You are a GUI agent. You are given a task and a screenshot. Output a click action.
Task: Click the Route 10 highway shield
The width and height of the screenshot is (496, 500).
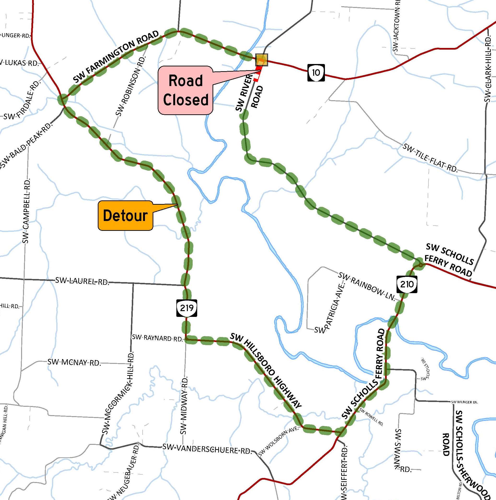(316, 73)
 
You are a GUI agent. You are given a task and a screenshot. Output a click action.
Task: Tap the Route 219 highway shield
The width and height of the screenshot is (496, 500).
(187, 308)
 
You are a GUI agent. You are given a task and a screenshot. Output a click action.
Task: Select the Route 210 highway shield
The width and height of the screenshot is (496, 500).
(407, 285)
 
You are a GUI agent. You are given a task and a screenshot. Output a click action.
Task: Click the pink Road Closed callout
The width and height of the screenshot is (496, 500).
(185, 90)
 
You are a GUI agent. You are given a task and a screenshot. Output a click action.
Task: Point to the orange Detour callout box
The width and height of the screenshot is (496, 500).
(125, 215)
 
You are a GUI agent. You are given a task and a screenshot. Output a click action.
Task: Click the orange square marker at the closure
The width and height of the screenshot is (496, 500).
(261, 60)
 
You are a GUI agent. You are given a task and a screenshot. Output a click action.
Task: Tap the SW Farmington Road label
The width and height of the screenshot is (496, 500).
(116, 57)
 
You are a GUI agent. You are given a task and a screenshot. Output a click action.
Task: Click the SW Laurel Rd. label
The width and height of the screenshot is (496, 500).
(82, 281)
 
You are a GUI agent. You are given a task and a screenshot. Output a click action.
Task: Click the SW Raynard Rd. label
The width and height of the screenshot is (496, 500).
(157, 338)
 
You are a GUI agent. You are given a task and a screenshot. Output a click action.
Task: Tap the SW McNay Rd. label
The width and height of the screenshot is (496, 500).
(74, 362)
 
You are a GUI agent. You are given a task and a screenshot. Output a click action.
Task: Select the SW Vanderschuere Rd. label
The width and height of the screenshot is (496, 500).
(207, 449)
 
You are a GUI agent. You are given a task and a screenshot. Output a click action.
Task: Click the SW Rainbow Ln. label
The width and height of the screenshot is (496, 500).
(367, 286)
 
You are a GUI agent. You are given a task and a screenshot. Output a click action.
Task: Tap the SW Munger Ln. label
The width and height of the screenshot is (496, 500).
(464, 402)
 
